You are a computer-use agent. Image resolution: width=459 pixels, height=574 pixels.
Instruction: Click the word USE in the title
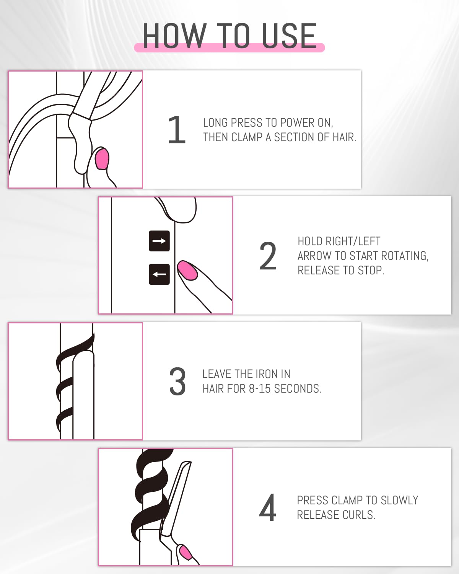tap(289, 36)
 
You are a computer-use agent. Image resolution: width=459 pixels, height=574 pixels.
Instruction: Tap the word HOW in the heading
tap(174, 36)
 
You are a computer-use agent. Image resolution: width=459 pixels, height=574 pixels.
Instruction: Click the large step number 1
tap(177, 130)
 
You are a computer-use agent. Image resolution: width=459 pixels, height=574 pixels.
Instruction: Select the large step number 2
tap(268, 256)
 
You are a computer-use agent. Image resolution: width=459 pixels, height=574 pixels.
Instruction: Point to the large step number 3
tap(177, 382)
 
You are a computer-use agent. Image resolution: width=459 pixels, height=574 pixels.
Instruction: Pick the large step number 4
tap(268, 508)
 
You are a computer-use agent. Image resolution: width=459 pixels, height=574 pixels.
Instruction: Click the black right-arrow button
tap(159, 241)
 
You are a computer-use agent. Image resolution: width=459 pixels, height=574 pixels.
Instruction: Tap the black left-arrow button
tap(159, 274)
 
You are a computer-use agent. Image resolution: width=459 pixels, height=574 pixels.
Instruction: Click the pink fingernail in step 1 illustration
tap(102, 159)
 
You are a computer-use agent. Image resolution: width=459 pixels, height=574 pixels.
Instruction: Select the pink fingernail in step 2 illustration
tap(187, 271)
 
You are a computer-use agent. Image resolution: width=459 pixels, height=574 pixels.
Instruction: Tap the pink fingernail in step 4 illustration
tap(186, 553)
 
